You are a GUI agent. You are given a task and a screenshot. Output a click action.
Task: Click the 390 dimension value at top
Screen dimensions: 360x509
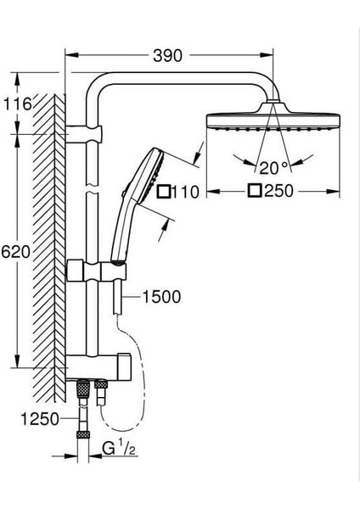[x=167, y=56]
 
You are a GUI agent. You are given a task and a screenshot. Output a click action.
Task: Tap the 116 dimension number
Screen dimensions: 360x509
[x=17, y=104]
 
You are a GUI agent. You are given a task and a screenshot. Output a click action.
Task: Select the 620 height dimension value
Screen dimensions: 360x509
[x=15, y=252]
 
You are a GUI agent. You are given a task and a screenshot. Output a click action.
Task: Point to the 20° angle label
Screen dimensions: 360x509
[x=273, y=168]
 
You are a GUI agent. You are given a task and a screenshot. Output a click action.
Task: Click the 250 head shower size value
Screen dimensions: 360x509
[x=278, y=191]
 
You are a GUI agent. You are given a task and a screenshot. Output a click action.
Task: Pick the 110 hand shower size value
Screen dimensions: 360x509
[x=185, y=192]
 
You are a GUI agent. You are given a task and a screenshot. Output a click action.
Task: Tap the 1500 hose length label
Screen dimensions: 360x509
[x=162, y=297]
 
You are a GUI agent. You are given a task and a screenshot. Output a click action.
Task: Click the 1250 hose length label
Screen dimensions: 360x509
[x=40, y=419]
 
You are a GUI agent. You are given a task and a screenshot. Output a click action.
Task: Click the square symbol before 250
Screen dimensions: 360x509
[x=255, y=191]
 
